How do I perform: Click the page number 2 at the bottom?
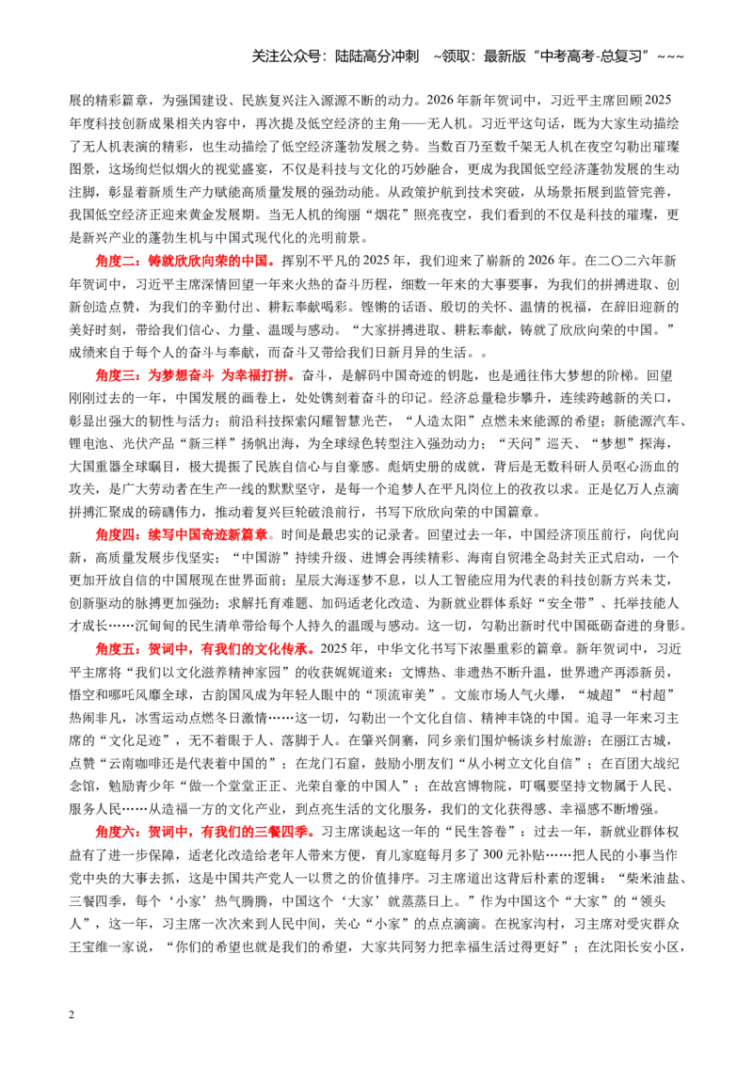click(72, 1015)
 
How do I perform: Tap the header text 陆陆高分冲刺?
click(377, 56)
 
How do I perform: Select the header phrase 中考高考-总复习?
click(590, 56)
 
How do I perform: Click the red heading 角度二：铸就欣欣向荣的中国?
click(185, 261)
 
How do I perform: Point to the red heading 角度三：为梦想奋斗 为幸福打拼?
click(195, 375)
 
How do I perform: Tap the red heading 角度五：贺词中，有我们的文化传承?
click(205, 649)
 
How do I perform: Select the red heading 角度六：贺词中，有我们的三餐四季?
click(205, 832)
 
